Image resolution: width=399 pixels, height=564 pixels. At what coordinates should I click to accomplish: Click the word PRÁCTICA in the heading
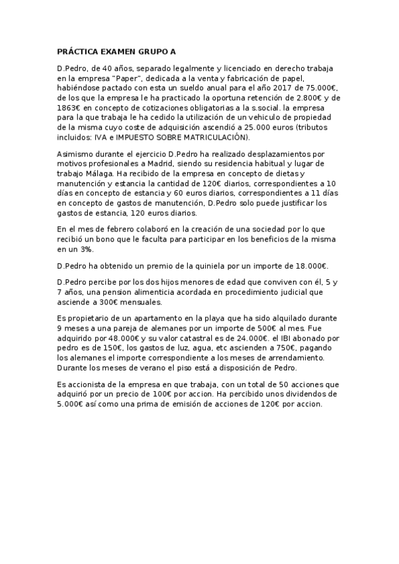coord(79,51)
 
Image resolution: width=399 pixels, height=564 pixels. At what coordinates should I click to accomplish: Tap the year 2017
coord(278,88)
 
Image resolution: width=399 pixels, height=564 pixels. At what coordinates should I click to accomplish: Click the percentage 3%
coord(85,249)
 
